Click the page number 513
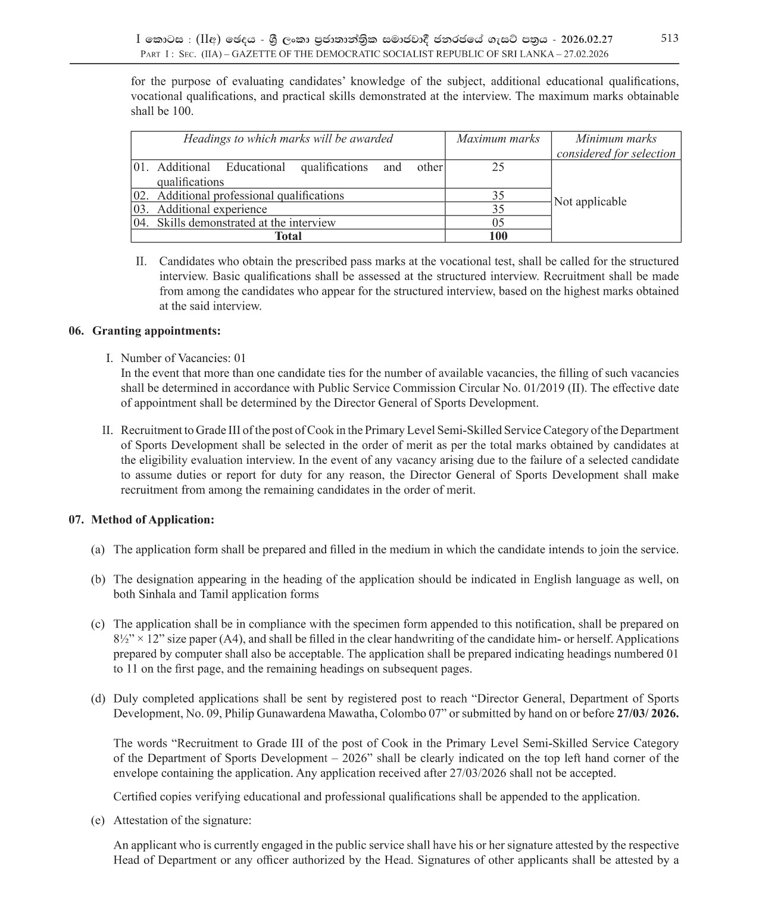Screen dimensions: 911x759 tap(669, 38)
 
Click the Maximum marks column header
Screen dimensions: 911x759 tap(498, 139)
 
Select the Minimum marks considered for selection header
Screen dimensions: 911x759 tap(616, 146)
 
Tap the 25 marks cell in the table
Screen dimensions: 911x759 tap(498, 167)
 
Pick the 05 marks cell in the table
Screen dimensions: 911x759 tap(498, 223)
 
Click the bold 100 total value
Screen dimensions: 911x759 tap(498, 236)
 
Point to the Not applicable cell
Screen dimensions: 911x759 tap(590, 202)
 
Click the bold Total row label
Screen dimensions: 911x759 tap(288, 236)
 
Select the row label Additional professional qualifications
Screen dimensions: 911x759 tap(250, 195)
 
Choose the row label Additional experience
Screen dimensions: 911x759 tap(211, 209)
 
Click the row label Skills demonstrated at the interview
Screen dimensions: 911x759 tap(246, 223)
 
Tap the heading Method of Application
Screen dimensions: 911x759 tap(152, 519)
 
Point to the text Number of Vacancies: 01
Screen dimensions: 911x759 tap(183, 358)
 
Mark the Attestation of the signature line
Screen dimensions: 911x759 tap(182, 820)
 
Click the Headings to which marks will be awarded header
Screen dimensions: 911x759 tap(288, 139)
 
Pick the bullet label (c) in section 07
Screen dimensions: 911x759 tap(98, 624)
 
